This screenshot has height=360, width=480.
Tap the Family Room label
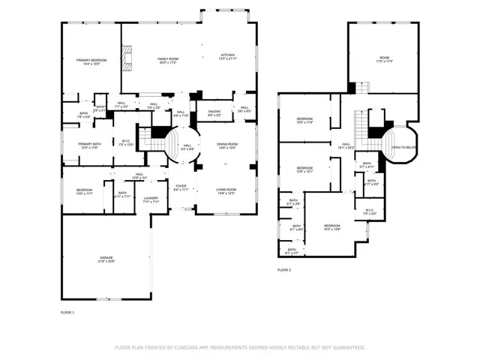167,60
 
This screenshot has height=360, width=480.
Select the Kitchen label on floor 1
227,56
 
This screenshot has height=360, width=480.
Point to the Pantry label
214,113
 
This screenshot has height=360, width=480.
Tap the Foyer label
181,187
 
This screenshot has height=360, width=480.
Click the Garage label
106,259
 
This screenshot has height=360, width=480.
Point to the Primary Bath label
90,145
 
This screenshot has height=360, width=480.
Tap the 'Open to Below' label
403,148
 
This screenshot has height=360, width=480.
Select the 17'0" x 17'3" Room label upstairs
384,59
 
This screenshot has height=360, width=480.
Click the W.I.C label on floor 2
369,211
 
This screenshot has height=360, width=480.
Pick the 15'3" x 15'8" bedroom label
331,226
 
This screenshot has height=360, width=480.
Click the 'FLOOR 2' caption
284,269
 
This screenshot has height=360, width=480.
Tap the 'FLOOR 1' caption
67,312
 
